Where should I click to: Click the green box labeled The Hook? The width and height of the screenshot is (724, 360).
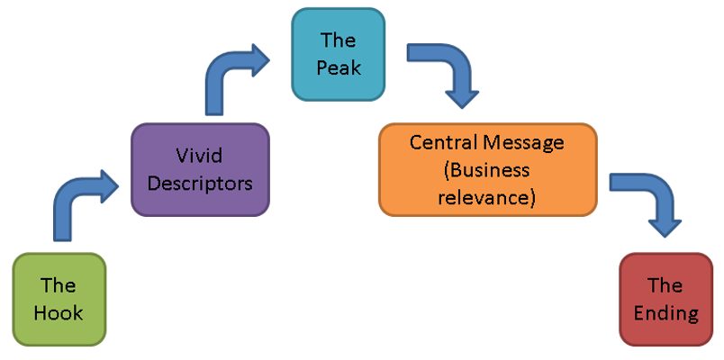[x=59, y=299]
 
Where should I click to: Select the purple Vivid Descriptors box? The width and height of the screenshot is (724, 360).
[x=200, y=169]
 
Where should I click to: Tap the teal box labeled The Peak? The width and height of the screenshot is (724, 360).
[x=338, y=55]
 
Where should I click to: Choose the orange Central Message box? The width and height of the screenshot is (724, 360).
[x=488, y=169]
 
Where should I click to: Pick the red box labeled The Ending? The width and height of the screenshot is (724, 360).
[x=665, y=299]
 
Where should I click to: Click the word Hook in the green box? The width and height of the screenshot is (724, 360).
[x=59, y=313]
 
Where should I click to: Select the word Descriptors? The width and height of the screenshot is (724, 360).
[x=201, y=184]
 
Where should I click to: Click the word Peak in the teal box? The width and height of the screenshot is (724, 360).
[x=339, y=68]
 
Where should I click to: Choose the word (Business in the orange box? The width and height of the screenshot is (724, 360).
[x=486, y=170]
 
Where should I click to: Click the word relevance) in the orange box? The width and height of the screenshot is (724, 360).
[x=486, y=198]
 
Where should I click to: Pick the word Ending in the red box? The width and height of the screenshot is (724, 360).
[x=665, y=314]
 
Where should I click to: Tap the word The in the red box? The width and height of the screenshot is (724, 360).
[x=665, y=285]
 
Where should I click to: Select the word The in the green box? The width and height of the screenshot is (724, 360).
[x=58, y=285]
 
